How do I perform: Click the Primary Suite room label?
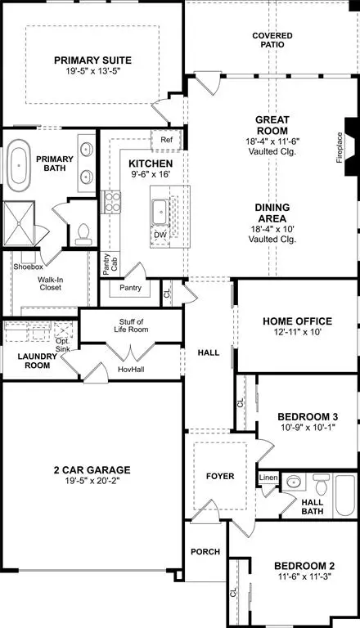pyautogui.click(x=92, y=60)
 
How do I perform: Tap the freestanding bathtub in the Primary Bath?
pyautogui.click(x=20, y=166)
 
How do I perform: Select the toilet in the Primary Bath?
pyautogui.click(x=81, y=235)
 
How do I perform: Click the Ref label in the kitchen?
pyautogui.click(x=166, y=140)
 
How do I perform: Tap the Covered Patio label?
pyautogui.click(x=272, y=40)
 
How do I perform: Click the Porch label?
pyautogui.click(x=205, y=552)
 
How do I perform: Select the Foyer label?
pyautogui.click(x=219, y=476)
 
